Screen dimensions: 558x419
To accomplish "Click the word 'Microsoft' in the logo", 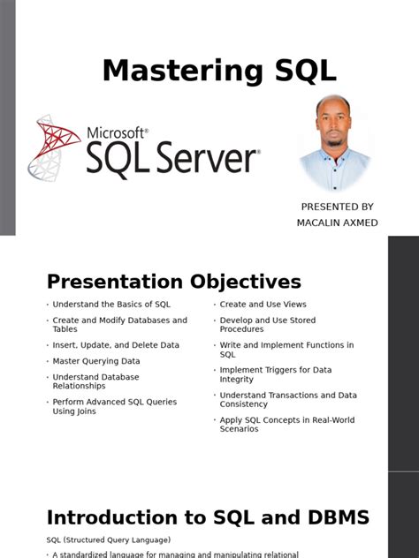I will (116, 132).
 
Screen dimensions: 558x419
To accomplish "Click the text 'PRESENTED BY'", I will (337, 207).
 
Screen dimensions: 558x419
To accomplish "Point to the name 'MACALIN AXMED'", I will (337, 222).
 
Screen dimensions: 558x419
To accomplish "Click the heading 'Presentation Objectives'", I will (173, 282).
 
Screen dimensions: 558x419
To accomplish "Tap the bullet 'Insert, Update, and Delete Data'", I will (115, 345).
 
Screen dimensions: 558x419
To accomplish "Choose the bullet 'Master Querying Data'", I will (95, 361).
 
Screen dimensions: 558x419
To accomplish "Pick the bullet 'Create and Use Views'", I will (263, 305).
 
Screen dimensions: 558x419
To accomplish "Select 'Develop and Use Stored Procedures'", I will (267, 325).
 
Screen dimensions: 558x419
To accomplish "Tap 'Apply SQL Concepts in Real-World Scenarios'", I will (286, 424).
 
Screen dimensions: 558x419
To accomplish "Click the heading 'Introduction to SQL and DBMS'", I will (208, 517).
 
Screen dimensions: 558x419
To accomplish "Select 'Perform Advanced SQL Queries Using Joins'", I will (114, 406).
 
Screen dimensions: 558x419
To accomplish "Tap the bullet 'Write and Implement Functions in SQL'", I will (286, 350).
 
